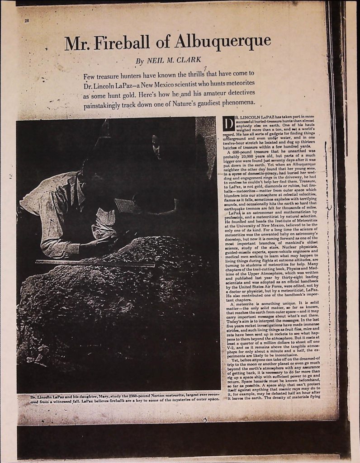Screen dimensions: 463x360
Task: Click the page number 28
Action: point(26,21)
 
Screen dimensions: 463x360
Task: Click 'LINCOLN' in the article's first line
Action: point(248,118)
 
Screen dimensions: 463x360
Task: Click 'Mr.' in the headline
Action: point(75,44)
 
